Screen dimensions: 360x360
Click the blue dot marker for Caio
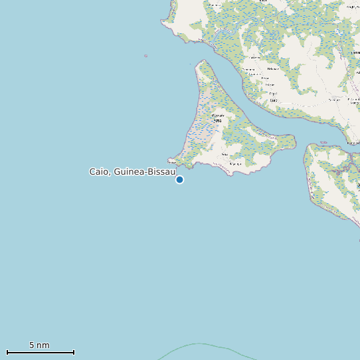pyautogui.click(x=179, y=179)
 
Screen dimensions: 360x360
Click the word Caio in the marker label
pyautogui.click(x=100, y=171)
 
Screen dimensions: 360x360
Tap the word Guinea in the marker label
pyautogui.click(x=130, y=171)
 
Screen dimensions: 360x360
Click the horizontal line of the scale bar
pyautogui.click(x=40, y=352)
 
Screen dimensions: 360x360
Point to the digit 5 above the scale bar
pyautogui.click(x=32, y=345)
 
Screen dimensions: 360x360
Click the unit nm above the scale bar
pyautogui.click(x=43, y=345)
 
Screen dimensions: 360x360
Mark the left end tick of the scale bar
pyautogui.click(x=7, y=352)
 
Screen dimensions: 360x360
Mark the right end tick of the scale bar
pyautogui.click(x=74, y=352)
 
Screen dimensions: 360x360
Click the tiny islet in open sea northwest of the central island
pyautogui.click(x=145, y=56)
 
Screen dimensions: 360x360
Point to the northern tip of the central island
pyautogui.click(x=202, y=62)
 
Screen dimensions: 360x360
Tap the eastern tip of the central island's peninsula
pyautogui.click(x=293, y=140)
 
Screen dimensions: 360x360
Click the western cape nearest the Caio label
pyautogui.click(x=170, y=159)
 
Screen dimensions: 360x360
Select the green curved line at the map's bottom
pyautogui.click(x=199, y=344)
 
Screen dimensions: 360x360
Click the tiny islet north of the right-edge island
pyautogui.click(x=325, y=141)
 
